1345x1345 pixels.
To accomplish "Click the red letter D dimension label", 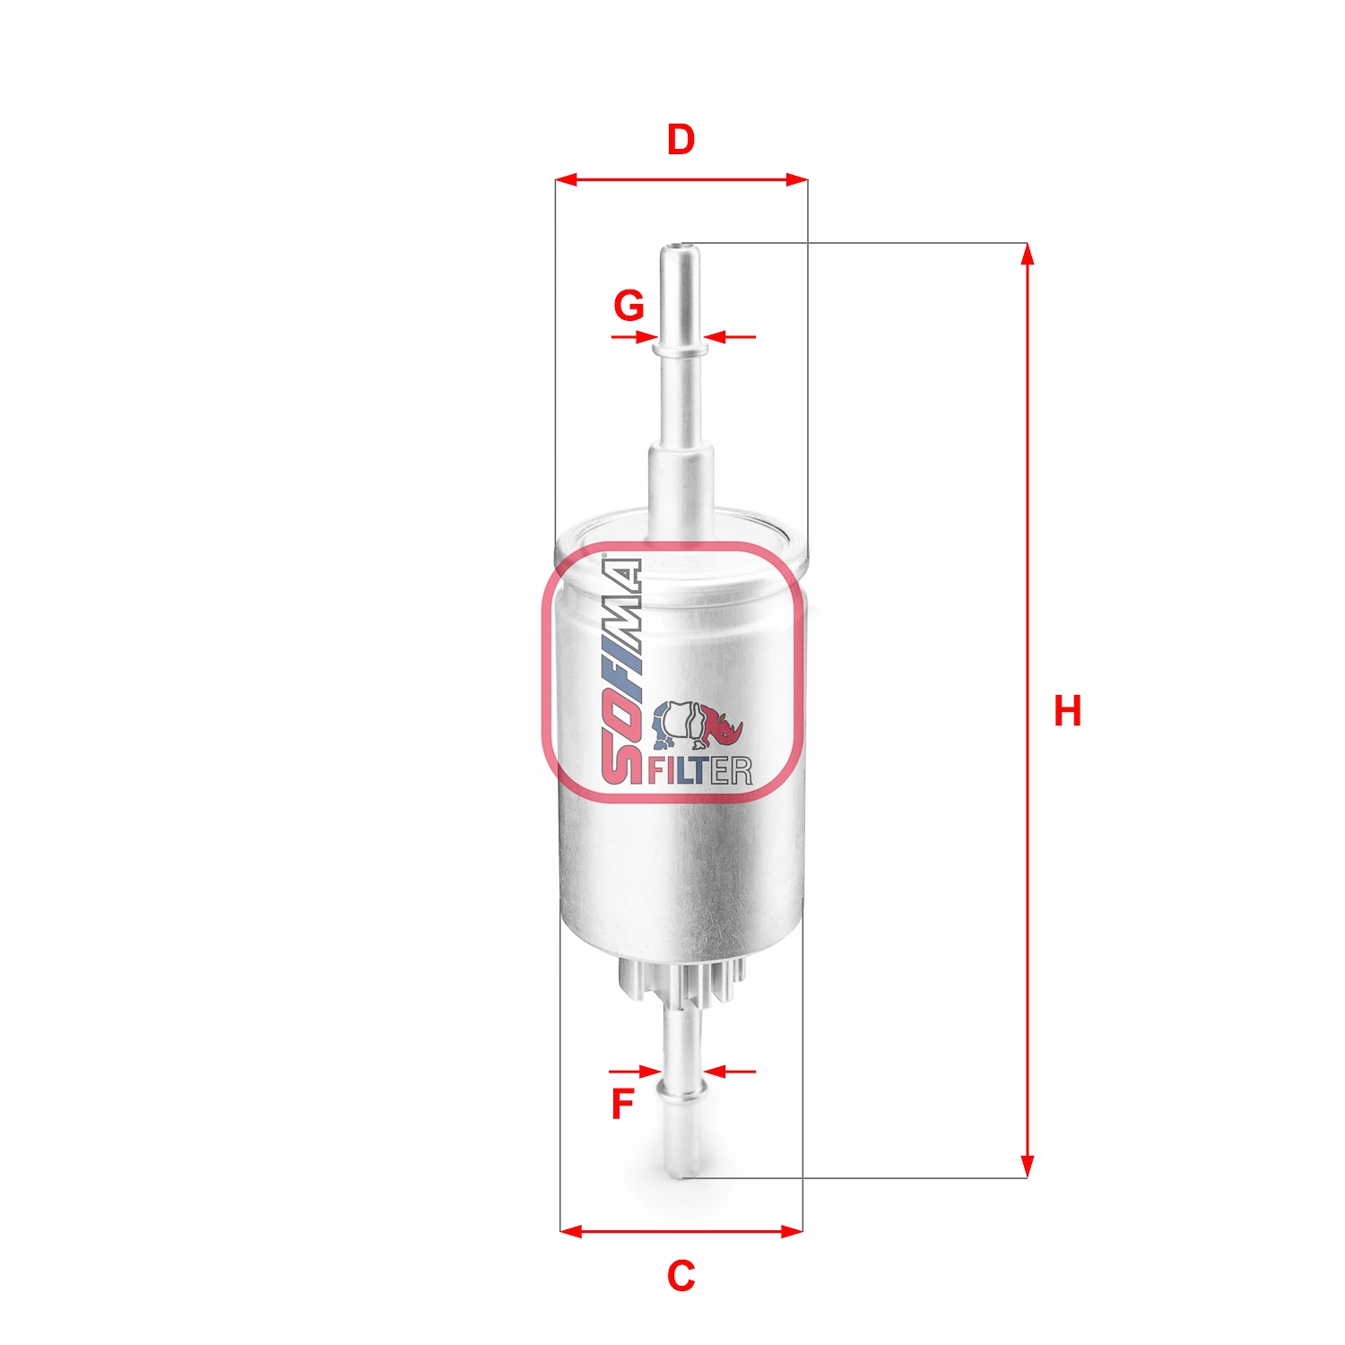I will click(681, 141).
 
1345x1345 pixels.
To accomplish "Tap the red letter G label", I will click(629, 306).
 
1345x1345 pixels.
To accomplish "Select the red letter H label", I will click(1067, 711).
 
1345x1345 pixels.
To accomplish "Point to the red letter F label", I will click(622, 1104).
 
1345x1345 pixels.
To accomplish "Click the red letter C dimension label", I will click(681, 1275).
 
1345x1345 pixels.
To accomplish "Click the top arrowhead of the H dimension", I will click(1028, 254).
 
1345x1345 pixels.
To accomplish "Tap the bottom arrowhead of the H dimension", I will click(1028, 1167).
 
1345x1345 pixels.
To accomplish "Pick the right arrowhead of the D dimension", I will click(796, 180).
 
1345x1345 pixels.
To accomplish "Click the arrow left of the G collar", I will click(645, 337).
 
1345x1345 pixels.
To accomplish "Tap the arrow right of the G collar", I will click(716, 337).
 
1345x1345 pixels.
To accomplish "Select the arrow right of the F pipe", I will click(716, 1071).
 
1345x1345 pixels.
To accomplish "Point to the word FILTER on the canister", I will click(699, 770).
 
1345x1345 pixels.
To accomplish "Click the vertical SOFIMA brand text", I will click(622, 669).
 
